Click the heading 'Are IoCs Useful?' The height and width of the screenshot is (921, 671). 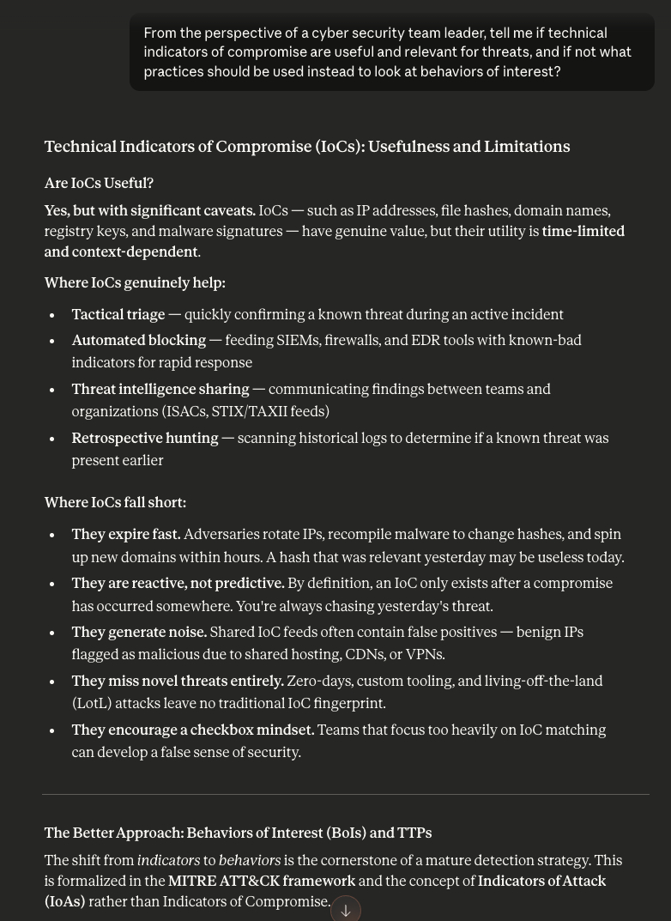point(99,184)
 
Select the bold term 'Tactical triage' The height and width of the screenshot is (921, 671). point(118,315)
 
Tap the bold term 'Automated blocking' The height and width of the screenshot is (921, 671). point(139,341)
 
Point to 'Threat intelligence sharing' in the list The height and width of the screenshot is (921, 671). point(160,390)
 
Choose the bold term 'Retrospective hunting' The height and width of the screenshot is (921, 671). point(145,439)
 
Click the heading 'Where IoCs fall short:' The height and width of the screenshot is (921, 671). point(115,503)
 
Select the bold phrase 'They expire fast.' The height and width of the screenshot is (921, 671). point(126,535)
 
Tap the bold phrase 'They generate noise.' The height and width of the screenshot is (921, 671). point(139,633)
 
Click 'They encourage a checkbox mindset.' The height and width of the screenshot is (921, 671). point(193,730)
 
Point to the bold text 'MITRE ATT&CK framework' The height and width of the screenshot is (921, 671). point(262,882)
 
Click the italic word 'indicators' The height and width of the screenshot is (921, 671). point(168,861)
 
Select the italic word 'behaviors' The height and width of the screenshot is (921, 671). point(250,861)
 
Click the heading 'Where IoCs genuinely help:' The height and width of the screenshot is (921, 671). point(135,283)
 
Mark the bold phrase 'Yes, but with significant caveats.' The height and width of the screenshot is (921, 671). point(150,211)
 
